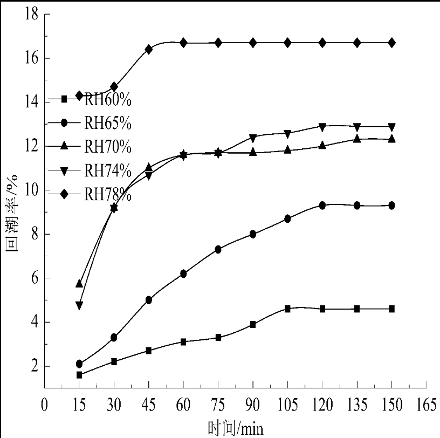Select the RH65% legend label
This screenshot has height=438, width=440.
[108, 123]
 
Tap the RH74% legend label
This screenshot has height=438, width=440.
[108, 170]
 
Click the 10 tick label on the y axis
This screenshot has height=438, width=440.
[31, 190]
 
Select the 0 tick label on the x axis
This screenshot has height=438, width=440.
[45, 406]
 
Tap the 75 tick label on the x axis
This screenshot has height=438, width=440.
[218, 406]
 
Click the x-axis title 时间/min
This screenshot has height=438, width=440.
[236, 429]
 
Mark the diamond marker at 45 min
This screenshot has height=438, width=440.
[149, 49]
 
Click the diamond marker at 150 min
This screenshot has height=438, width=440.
[392, 43]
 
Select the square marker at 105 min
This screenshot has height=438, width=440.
[288, 309]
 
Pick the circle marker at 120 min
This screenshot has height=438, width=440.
[322, 206]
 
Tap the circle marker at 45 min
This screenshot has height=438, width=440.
[149, 300]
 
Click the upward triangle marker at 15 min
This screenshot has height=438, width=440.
[79, 284]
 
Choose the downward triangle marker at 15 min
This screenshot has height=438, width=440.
[79, 305]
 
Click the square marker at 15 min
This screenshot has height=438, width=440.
[79, 374]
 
